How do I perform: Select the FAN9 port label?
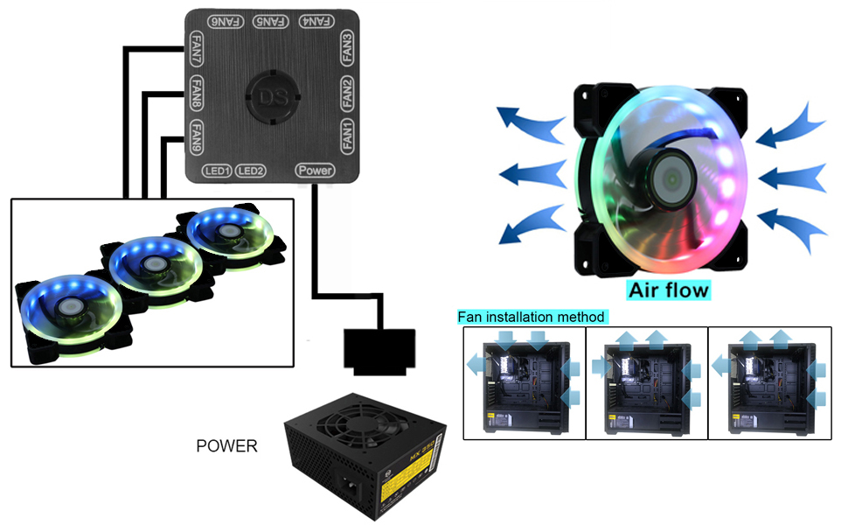coord(198,135)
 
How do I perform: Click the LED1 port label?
coord(216,170)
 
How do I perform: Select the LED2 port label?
coord(251,170)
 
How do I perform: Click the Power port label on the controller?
coord(315,170)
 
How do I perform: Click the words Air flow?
coord(668,289)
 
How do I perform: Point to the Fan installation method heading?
coord(532,316)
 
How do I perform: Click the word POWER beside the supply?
coord(226,446)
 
